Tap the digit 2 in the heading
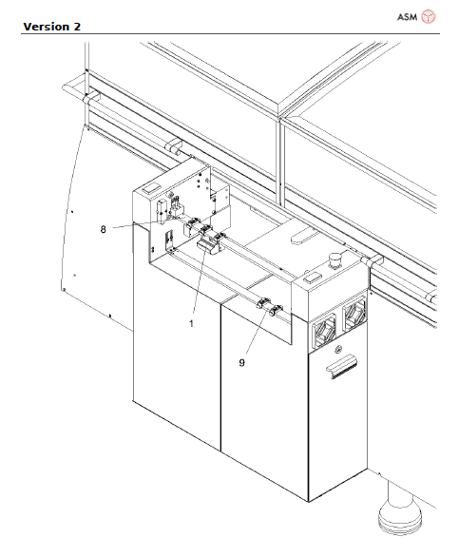coord(75,26)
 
